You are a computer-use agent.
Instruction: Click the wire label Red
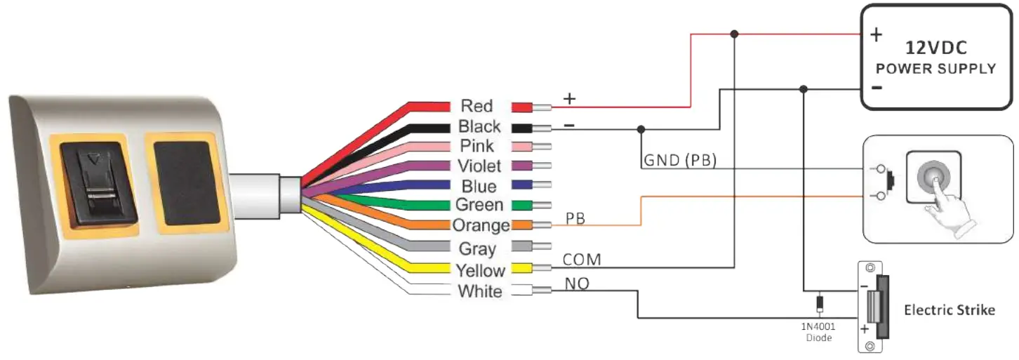477,106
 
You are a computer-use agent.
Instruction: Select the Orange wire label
481,225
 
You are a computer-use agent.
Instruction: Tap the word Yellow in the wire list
480,270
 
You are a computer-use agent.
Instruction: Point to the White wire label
479,291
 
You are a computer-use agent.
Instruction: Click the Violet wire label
479,166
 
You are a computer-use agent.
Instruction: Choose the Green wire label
479,205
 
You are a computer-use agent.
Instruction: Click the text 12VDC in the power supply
937,48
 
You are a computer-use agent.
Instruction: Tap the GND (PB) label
679,161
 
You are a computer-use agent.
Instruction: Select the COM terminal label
582,260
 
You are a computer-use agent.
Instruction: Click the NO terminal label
576,284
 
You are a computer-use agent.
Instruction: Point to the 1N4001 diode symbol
818,305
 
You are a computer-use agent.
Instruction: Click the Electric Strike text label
949,309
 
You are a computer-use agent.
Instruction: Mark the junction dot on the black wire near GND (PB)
640,129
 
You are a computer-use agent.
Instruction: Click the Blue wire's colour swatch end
522,186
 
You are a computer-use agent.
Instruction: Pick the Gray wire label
477,248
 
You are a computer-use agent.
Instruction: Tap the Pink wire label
477,146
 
